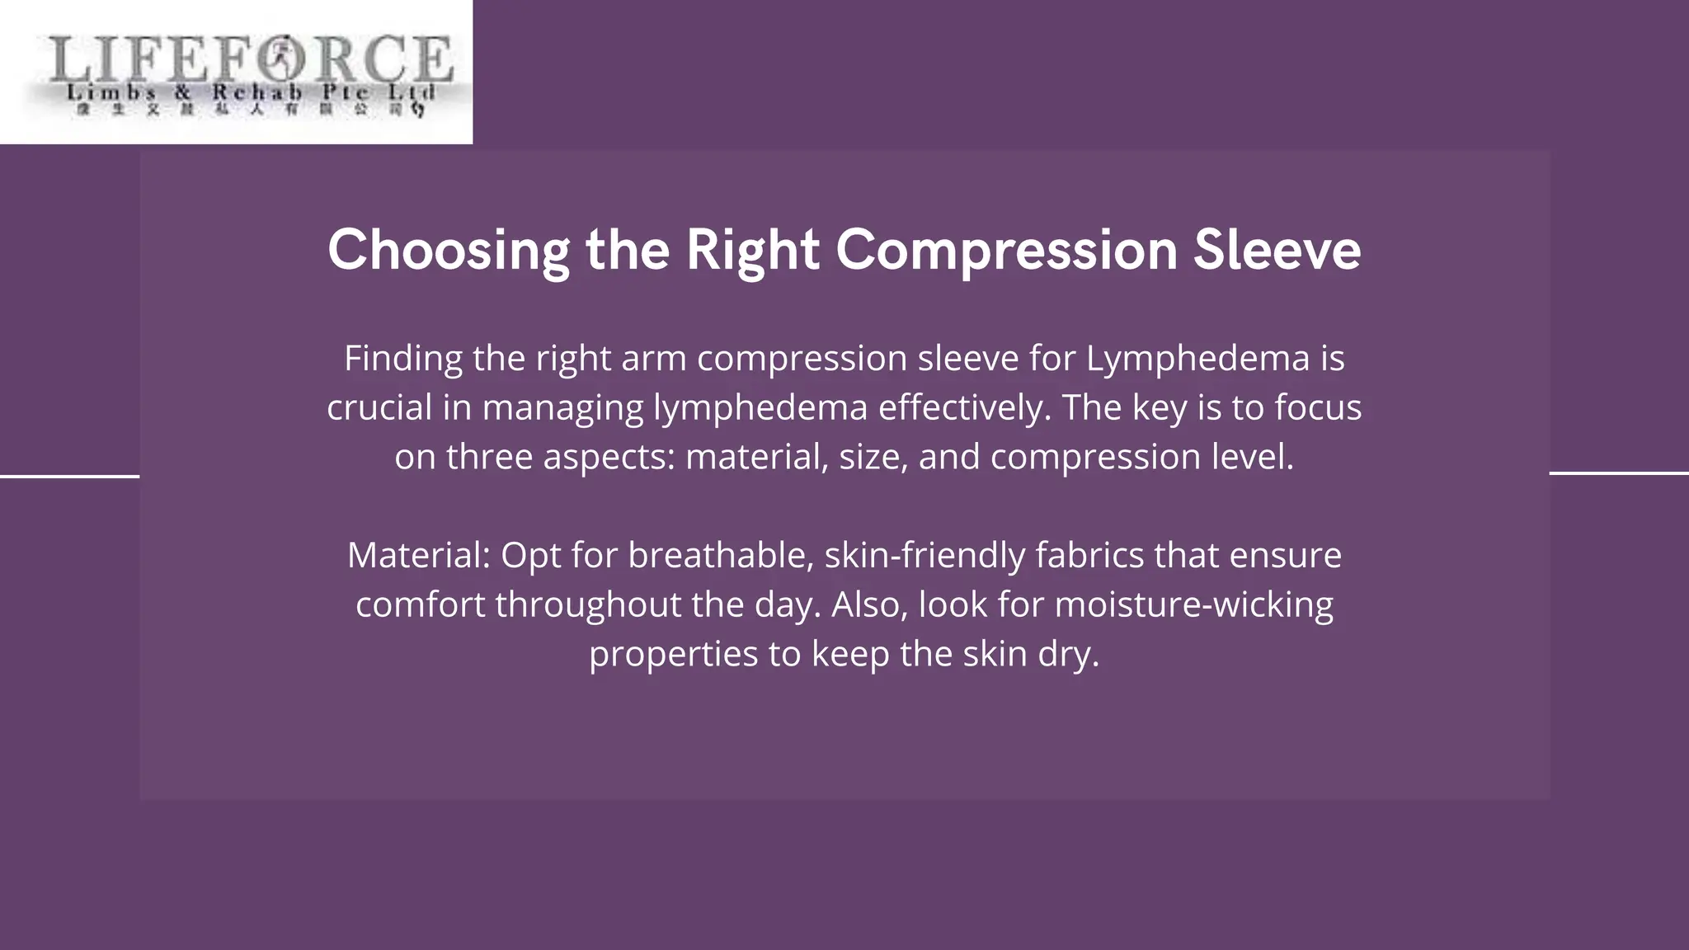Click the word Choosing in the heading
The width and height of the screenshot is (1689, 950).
click(448, 251)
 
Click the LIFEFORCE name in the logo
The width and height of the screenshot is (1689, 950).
click(251, 59)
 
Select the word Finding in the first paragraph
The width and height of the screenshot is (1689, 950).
click(403, 359)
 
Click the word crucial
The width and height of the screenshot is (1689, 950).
click(379, 408)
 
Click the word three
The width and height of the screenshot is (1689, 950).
click(489, 457)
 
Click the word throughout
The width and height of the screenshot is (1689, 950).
click(588, 604)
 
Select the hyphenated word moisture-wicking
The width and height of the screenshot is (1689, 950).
click(1193, 604)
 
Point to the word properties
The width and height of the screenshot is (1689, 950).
click(673, 655)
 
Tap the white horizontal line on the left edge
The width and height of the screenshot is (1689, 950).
click(69, 476)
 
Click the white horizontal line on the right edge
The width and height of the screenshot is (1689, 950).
click(1619, 473)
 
